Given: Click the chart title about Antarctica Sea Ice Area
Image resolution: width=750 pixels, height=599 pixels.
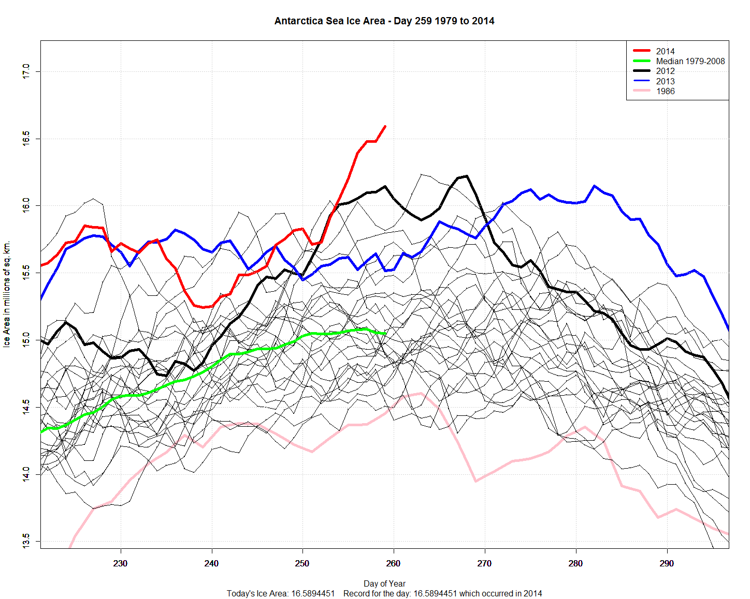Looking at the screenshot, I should [x=384, y=21].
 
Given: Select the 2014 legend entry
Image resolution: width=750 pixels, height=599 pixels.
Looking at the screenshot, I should [x=665, y=51].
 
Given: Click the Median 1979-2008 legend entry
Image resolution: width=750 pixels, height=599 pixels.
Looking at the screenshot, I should [x=690, y=61].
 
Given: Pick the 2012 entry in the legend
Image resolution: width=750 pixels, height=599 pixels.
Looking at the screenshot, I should [x=665, y=71].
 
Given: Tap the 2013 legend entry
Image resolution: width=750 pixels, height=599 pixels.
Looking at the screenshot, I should [x=665, y=81].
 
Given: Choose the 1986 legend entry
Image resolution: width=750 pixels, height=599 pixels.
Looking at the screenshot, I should [x=665, y=92].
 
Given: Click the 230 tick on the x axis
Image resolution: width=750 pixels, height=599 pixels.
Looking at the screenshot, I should [x=121, y=563].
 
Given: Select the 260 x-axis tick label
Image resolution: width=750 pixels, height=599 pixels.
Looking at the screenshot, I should [x=394, y=563].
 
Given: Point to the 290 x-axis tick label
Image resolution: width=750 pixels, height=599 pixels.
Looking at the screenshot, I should [x=667, y=563].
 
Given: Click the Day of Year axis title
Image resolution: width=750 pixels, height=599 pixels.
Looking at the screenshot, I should [x=384, y=583].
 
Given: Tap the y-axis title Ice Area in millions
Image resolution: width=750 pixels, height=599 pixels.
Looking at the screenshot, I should [x=7, y=294].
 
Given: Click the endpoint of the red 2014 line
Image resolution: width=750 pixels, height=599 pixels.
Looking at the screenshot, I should [x=385, y=126].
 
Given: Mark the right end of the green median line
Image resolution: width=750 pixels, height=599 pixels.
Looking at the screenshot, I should [x=385, y=334].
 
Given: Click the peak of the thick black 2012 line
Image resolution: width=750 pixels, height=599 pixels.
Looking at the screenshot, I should [x=467, y=176].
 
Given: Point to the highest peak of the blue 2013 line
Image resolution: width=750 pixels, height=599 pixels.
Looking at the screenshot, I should [x=594, y=186].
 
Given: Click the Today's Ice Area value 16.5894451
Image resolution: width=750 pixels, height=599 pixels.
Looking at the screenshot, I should [x=313, y=593].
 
